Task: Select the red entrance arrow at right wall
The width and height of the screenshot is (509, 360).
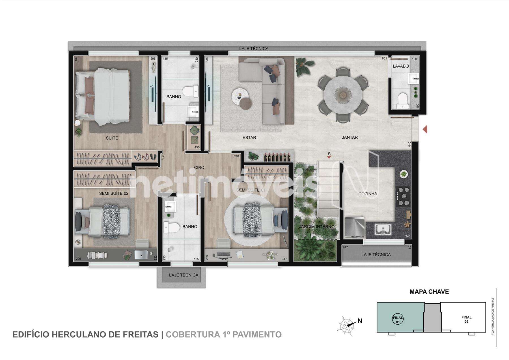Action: pyautogui.click(x=425, y=130)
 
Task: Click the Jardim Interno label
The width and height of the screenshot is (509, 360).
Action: pyautogui.click(x=317, y=227)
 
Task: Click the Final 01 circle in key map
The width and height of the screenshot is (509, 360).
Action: pyautogui.click(x=398, y=319)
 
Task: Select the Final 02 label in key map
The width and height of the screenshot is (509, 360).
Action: pyautogui.click(x=466, y=319)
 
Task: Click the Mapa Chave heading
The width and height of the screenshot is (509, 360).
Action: pyautogui.click(x=429, y=292)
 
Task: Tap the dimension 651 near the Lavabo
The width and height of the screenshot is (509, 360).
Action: pyautogui.click(x=384, y=59)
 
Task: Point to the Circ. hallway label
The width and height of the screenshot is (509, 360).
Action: pyautogui.click(x=200, y=168)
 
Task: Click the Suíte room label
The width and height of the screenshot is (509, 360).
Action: pyautogui.click(x=112, y=138)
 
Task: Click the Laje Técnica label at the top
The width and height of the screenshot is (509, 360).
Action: pyautogui.click(x=254, y=49)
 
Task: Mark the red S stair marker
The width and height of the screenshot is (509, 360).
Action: pyautogui.click(x=329, y=155)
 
